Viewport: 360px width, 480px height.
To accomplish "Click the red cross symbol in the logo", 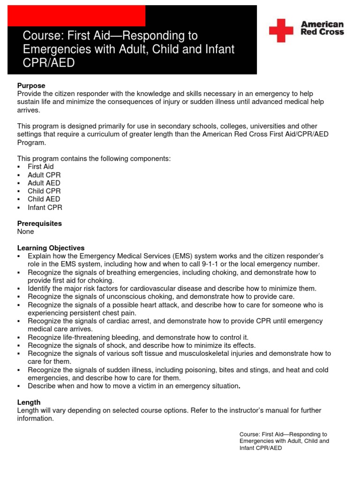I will [281, 30].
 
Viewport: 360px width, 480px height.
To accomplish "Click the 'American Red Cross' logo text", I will [322, 28].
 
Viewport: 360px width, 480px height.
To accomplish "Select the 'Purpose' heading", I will [31, 86].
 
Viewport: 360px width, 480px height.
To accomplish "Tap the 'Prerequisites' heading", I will [39, 224].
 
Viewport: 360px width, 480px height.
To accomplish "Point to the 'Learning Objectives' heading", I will [51, 247].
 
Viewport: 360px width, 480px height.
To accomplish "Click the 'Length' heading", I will [29, 402].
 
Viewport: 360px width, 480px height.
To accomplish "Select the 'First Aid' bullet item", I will [41, 167].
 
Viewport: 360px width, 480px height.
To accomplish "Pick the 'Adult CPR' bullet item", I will [44, 175].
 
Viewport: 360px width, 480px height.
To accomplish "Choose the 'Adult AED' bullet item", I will [44, 183].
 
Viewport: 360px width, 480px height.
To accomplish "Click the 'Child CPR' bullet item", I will [44, 191].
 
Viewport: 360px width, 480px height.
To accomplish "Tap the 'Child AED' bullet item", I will [44, 199].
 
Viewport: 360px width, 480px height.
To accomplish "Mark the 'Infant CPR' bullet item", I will [45, 207].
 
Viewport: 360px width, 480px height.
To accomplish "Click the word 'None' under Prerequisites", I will [26, 232].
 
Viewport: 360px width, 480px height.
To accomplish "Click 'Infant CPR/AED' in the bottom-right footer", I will [261, 448].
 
